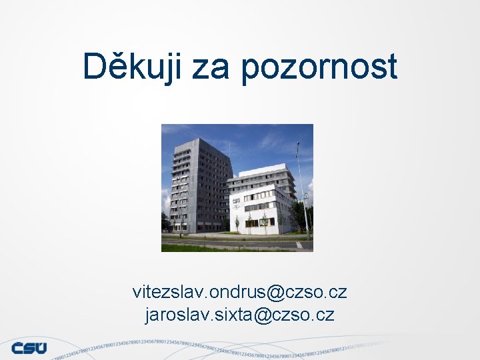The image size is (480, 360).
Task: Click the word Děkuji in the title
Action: [131, 67]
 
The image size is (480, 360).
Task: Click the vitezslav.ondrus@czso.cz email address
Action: [239, 292]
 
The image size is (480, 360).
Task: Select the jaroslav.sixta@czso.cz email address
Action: [239, 314]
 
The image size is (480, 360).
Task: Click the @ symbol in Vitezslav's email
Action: [275, 293]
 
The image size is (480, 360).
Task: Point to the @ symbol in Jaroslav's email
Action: [263, 315]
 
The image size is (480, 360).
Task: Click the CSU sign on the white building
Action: [235, 200]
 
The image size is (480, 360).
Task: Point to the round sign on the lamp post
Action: [306, 196]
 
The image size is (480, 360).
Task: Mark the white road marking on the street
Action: [299, 245]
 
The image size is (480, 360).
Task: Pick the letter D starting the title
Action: [94, 67]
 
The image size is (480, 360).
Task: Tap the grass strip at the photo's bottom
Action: [200, 248]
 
